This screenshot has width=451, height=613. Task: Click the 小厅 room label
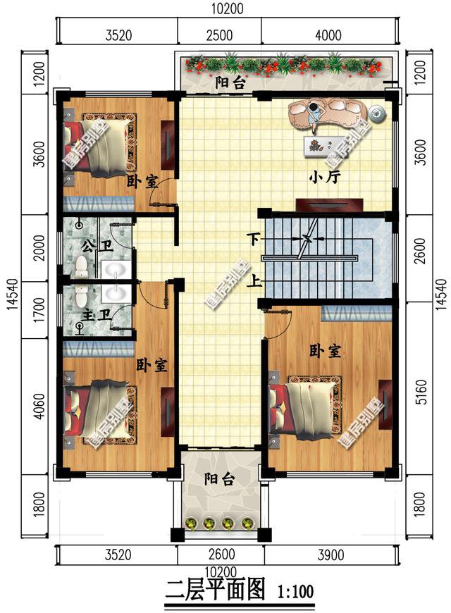point(324,178)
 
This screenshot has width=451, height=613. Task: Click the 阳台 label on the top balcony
point(230,83)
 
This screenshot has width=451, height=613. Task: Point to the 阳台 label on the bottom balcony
point(220,480)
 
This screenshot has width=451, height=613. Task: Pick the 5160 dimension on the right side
point(421,400)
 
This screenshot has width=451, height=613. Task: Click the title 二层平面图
point(214,590)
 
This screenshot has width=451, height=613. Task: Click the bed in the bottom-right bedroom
point(306,408)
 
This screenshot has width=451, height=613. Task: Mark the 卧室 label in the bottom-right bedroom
point(326,350)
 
